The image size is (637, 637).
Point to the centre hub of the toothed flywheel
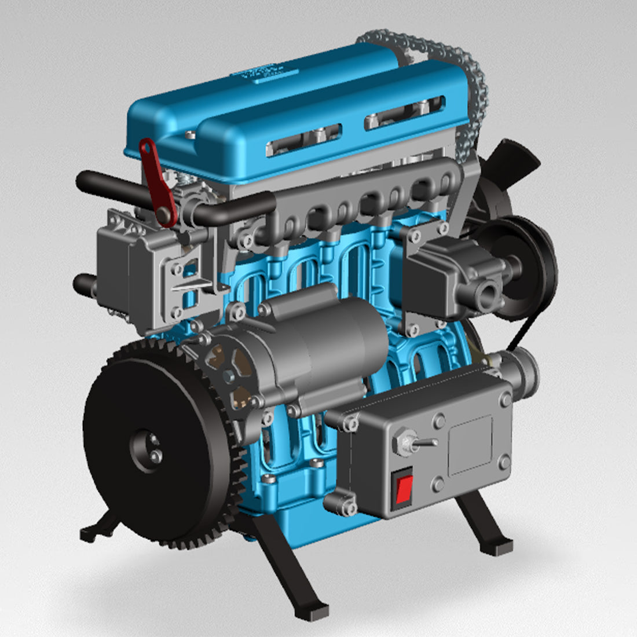point(146,449)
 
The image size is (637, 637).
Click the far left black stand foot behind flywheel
point(93,531)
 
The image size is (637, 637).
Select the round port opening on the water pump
point(484,288)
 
